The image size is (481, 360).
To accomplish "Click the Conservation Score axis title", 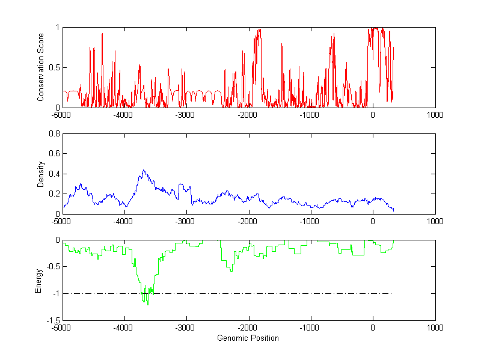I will pos(41,67).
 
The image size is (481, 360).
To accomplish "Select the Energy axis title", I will pos(38,280).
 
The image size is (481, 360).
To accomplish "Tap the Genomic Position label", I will pos(248,338).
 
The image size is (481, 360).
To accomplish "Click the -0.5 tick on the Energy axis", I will pos(53,267).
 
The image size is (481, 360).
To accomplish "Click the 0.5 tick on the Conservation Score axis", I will pos(54,67).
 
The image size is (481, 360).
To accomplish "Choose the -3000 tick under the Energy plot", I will pos(186,328).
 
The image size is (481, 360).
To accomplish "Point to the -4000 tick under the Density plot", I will pos(124,221).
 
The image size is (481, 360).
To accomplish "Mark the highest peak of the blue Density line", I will pos(143,170).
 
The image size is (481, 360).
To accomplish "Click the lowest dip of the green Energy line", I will pos(148,305).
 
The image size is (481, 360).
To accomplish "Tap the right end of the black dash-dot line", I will pos(392,294).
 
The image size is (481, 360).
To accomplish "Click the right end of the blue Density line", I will pos(394,210).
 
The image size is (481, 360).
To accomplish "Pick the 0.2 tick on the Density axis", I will pos(54,194).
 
